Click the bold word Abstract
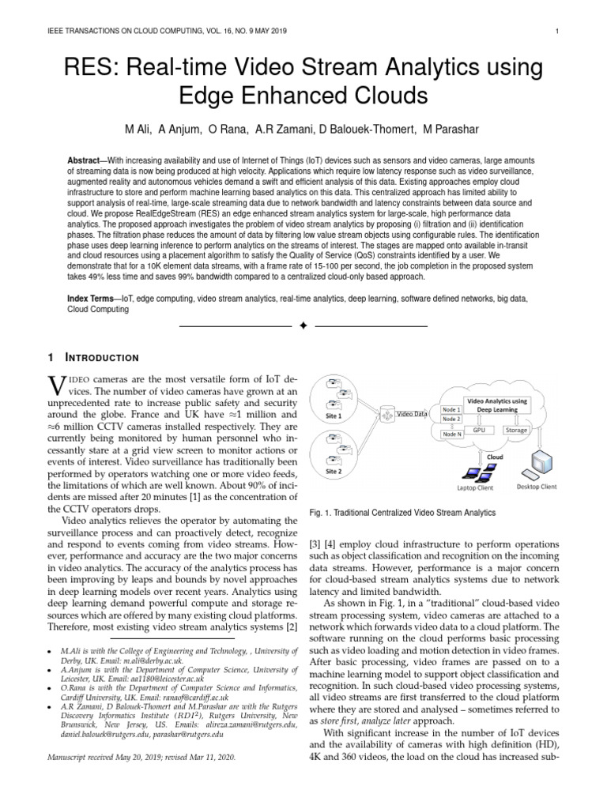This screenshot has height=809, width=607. point(86,160)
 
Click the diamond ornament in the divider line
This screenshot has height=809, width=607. point(303,325)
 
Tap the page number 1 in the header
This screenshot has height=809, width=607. point(558,32)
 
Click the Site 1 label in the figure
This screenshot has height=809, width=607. point(334,416)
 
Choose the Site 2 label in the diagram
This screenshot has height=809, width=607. point(334,471)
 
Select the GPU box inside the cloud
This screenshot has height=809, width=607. point(479,431)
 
